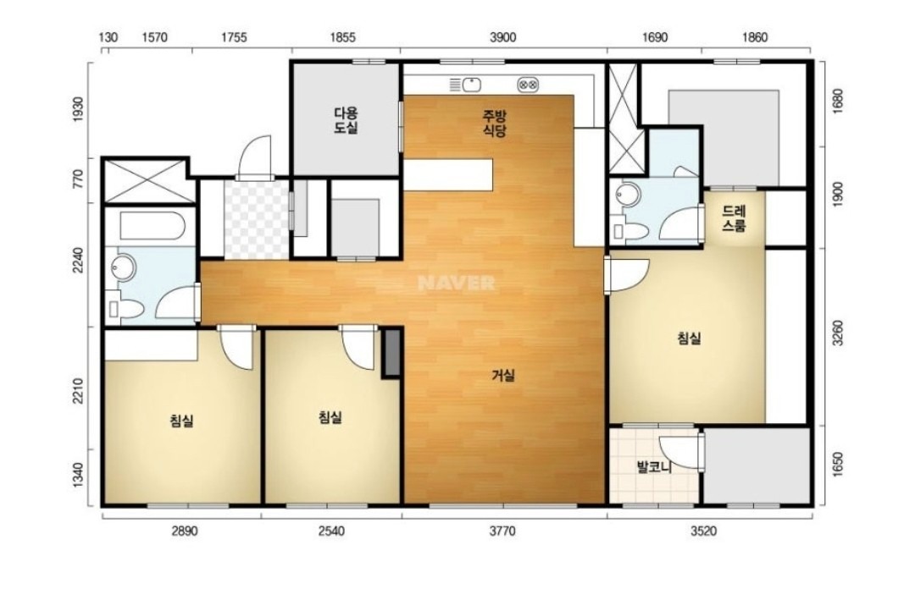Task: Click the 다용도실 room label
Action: pyautogui.click(x=346, y=120)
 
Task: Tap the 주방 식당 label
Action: pyautogui.click(x=494, y=123)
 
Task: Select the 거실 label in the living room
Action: pyautogui.click(x=503, y=376)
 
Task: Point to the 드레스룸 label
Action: pyautogui.click(x=734, y=218)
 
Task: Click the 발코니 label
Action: pyautogui.click(x=654, y=466)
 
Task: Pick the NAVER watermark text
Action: pyautogui.click(x=457, y=283)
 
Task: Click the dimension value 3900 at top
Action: pyautogui.click(x=502, y=38)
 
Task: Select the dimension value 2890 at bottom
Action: pyautogui.click(x=184, y=531)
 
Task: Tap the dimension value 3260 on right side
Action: pyautogui.click(x=838, y=333)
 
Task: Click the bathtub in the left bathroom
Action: pyautogui.click(x=152, y=226)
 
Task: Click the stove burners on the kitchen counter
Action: pyautogui.click(x=528, y=85)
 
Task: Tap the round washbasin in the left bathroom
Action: pyautogui.click(x=123, y=267)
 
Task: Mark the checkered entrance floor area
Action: pyautogui.click(x=257, y=219)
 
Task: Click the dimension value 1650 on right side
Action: pyautogui.click(x=838, y=465)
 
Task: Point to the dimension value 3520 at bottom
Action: pyautogui.click(x=703, y=531)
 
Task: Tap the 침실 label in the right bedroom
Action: pyautogui.click(x=689, y=338)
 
